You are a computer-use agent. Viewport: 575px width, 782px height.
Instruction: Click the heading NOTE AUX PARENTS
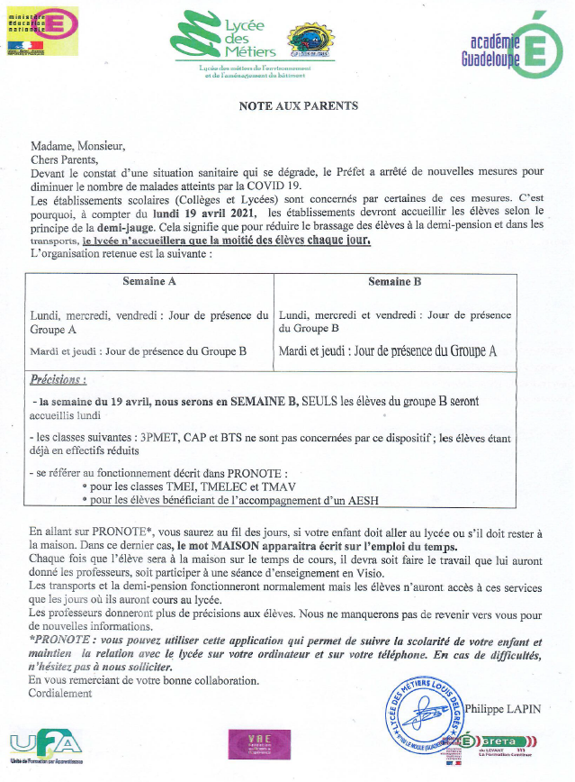[298, 105]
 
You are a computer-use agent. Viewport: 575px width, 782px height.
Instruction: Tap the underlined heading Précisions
[58, 381]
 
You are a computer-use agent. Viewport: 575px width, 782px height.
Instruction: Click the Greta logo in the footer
[499, 745]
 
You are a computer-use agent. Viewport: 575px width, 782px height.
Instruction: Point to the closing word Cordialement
[60, 694]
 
